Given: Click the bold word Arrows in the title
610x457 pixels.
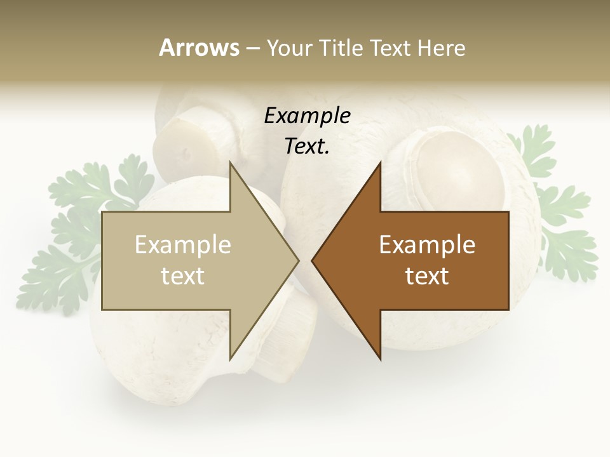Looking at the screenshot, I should pos(200,48).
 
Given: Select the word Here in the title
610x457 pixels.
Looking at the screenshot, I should pos(442,48).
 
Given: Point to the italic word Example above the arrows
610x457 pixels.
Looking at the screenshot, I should pos(307,116).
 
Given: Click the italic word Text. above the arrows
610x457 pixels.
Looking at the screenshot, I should pos(307,147).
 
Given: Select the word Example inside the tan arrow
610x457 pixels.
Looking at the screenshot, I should pos(183,245).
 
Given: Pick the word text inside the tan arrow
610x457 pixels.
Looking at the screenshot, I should pos(183,276).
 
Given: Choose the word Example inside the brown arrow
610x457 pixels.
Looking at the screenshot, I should pos(427,245).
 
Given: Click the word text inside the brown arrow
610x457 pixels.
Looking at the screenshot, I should pos(427,276).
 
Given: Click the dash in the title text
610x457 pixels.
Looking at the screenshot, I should pos(252,48).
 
